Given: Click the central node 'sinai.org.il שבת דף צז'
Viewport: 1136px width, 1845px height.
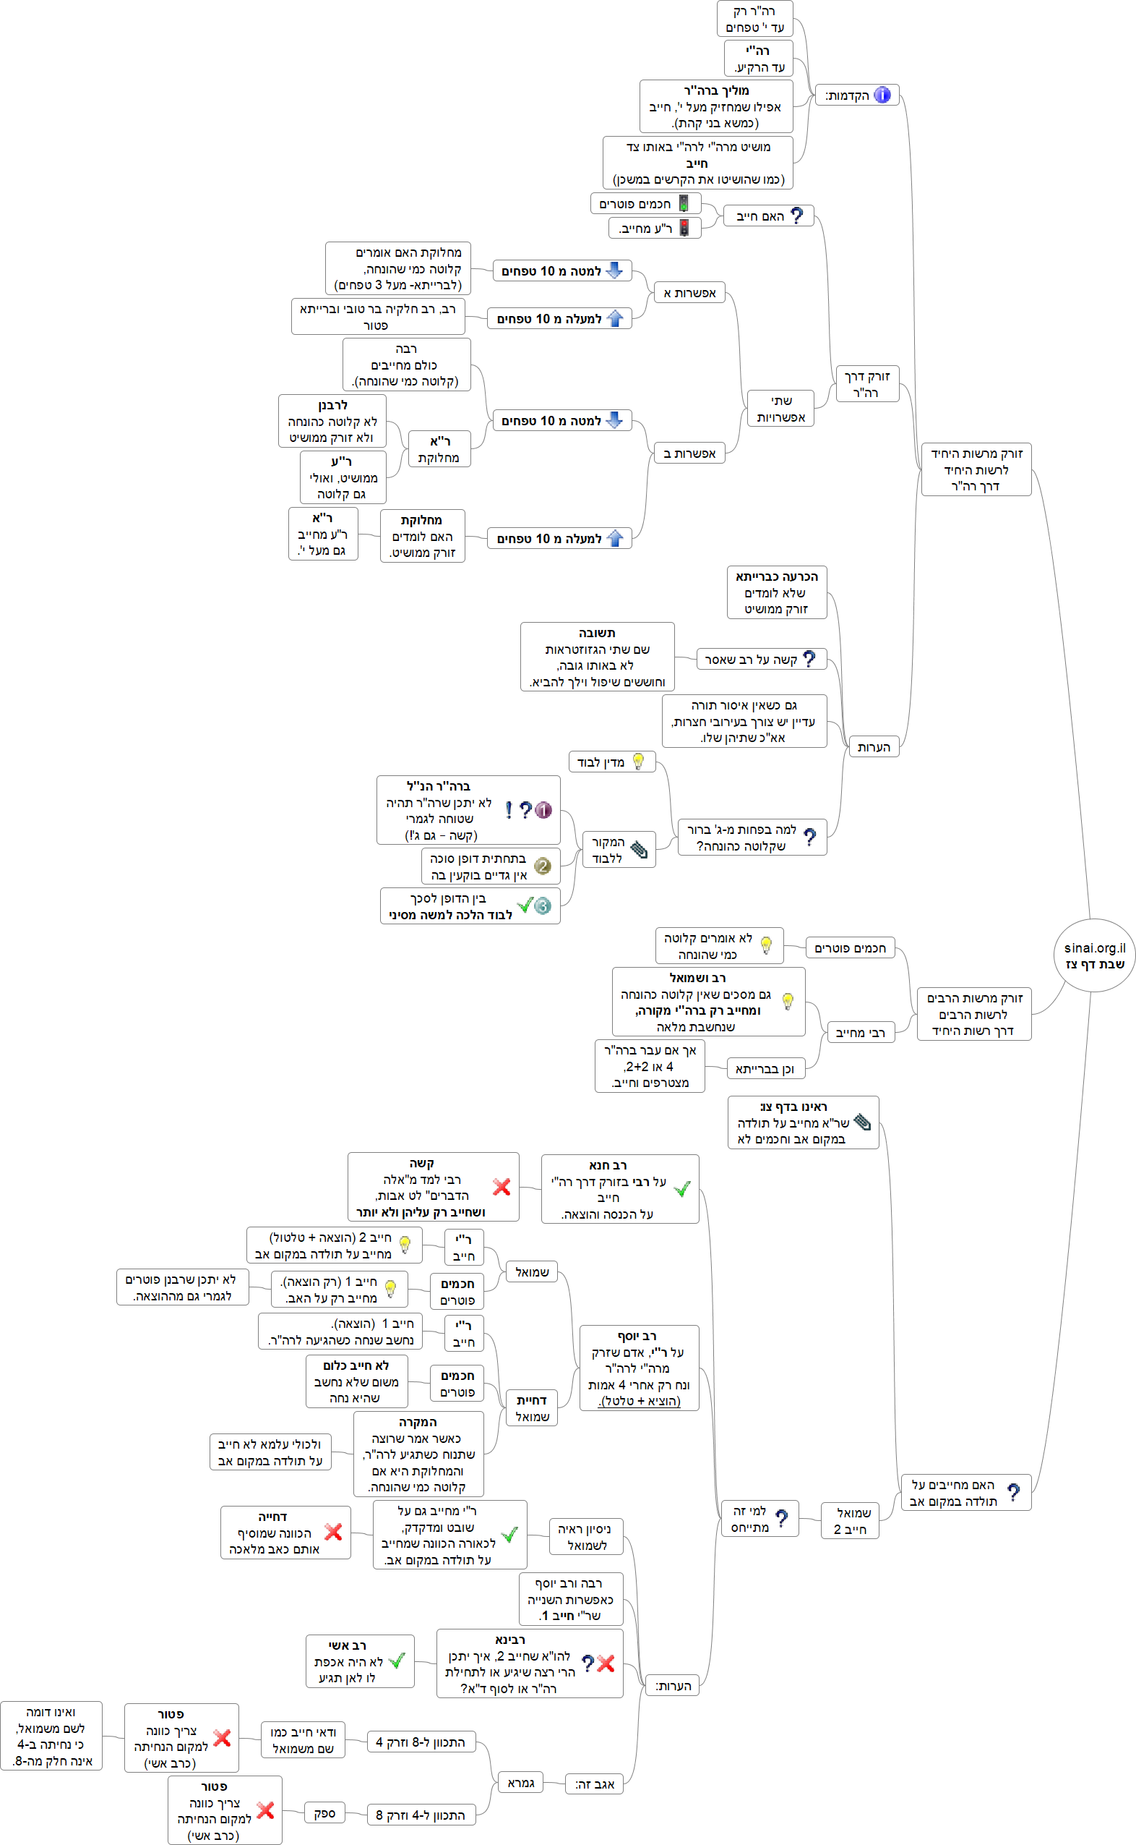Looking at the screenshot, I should (x=1094, y=955).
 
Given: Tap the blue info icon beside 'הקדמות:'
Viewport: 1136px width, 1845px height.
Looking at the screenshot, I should (x=883, y=95).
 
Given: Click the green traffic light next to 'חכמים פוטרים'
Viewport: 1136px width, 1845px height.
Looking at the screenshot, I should (x=684, y=203).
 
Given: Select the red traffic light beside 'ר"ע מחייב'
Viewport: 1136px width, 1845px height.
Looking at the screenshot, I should (x=684, y=227).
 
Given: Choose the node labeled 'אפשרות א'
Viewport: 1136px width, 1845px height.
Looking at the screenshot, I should (x=689, y=292).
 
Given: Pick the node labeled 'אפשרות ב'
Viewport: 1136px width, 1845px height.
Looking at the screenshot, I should (x=689, y=453).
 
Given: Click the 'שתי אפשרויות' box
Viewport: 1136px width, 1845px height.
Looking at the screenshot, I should (x=780, y=408).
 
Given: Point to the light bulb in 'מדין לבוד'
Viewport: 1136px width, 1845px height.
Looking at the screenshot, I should (x=638, y=761).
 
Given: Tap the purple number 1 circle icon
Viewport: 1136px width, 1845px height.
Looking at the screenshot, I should (x=543, y=810).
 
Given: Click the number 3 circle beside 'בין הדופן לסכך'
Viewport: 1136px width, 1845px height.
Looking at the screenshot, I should (x=543, y=906).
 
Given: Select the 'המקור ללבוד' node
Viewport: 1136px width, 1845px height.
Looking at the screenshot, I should (x=619, y=849).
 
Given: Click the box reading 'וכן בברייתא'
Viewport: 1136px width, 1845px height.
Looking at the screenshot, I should (x=765, y=1068).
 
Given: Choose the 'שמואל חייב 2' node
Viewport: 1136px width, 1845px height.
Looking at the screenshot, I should (x=850, y=1520).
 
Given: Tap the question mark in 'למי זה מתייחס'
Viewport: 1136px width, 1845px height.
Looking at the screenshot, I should (x=781, y=1518).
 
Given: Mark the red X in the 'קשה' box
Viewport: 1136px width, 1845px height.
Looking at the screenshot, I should (x=501, y=1186).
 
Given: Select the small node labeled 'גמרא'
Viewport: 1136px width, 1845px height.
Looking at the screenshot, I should (x=520, y=1782).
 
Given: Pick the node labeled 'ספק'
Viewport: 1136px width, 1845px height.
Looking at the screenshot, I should (x=324, y=1812).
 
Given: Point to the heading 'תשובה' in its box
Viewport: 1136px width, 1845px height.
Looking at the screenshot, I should (x=597, y=633).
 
